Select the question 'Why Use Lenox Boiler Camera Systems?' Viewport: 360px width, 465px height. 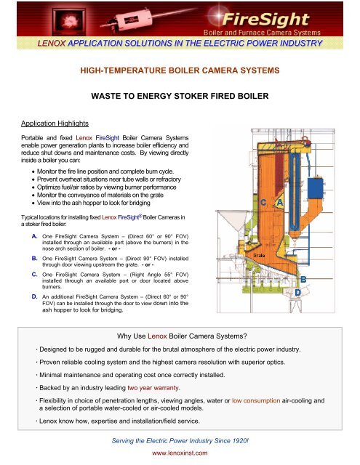point(180,336)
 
